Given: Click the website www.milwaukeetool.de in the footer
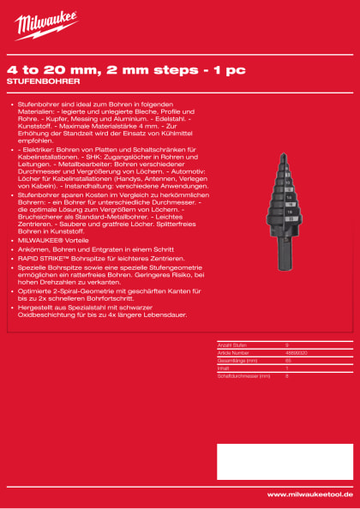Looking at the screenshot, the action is coord(309,494).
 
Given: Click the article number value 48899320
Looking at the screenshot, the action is coord(295,350).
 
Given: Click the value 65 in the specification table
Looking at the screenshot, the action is coord(288,357).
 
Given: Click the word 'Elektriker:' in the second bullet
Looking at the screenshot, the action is coord(37,151).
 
